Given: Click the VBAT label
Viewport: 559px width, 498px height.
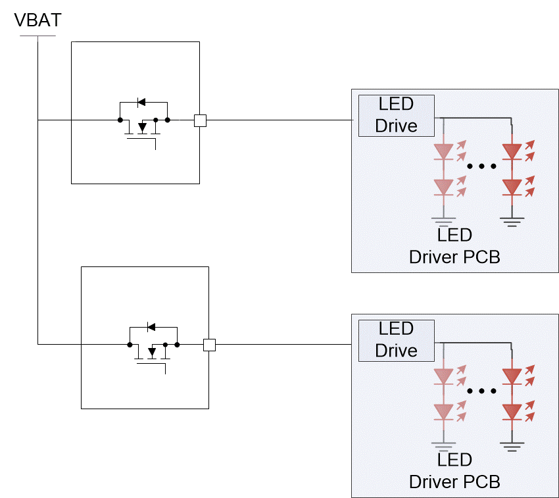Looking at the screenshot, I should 38,20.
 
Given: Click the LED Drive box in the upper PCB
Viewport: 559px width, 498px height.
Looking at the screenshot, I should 396,115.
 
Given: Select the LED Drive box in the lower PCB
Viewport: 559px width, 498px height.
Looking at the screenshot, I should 396,339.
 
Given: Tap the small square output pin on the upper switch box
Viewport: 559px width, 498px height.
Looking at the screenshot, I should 200,120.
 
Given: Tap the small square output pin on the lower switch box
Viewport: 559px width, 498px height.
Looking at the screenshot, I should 209,345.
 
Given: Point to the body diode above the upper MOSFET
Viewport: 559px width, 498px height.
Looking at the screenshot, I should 141,102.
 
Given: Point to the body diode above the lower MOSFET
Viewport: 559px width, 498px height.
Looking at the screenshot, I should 151,326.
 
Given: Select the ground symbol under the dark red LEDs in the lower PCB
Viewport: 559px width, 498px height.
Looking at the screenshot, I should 512,445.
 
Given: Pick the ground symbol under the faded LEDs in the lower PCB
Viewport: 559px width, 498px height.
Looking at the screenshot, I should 444,445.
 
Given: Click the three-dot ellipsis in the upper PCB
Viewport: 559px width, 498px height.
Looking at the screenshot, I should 481,167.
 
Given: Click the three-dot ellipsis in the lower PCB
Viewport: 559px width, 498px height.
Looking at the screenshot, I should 481,391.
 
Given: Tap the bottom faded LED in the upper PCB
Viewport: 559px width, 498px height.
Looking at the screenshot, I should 444,187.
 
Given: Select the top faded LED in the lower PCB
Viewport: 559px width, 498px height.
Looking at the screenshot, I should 444,376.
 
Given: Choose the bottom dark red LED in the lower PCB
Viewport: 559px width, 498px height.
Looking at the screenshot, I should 512,412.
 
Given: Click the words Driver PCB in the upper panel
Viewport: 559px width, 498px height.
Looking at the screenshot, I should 454,257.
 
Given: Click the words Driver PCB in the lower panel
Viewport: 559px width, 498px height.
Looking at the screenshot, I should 454,482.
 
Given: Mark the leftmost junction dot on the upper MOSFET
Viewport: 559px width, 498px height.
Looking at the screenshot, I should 120,120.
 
